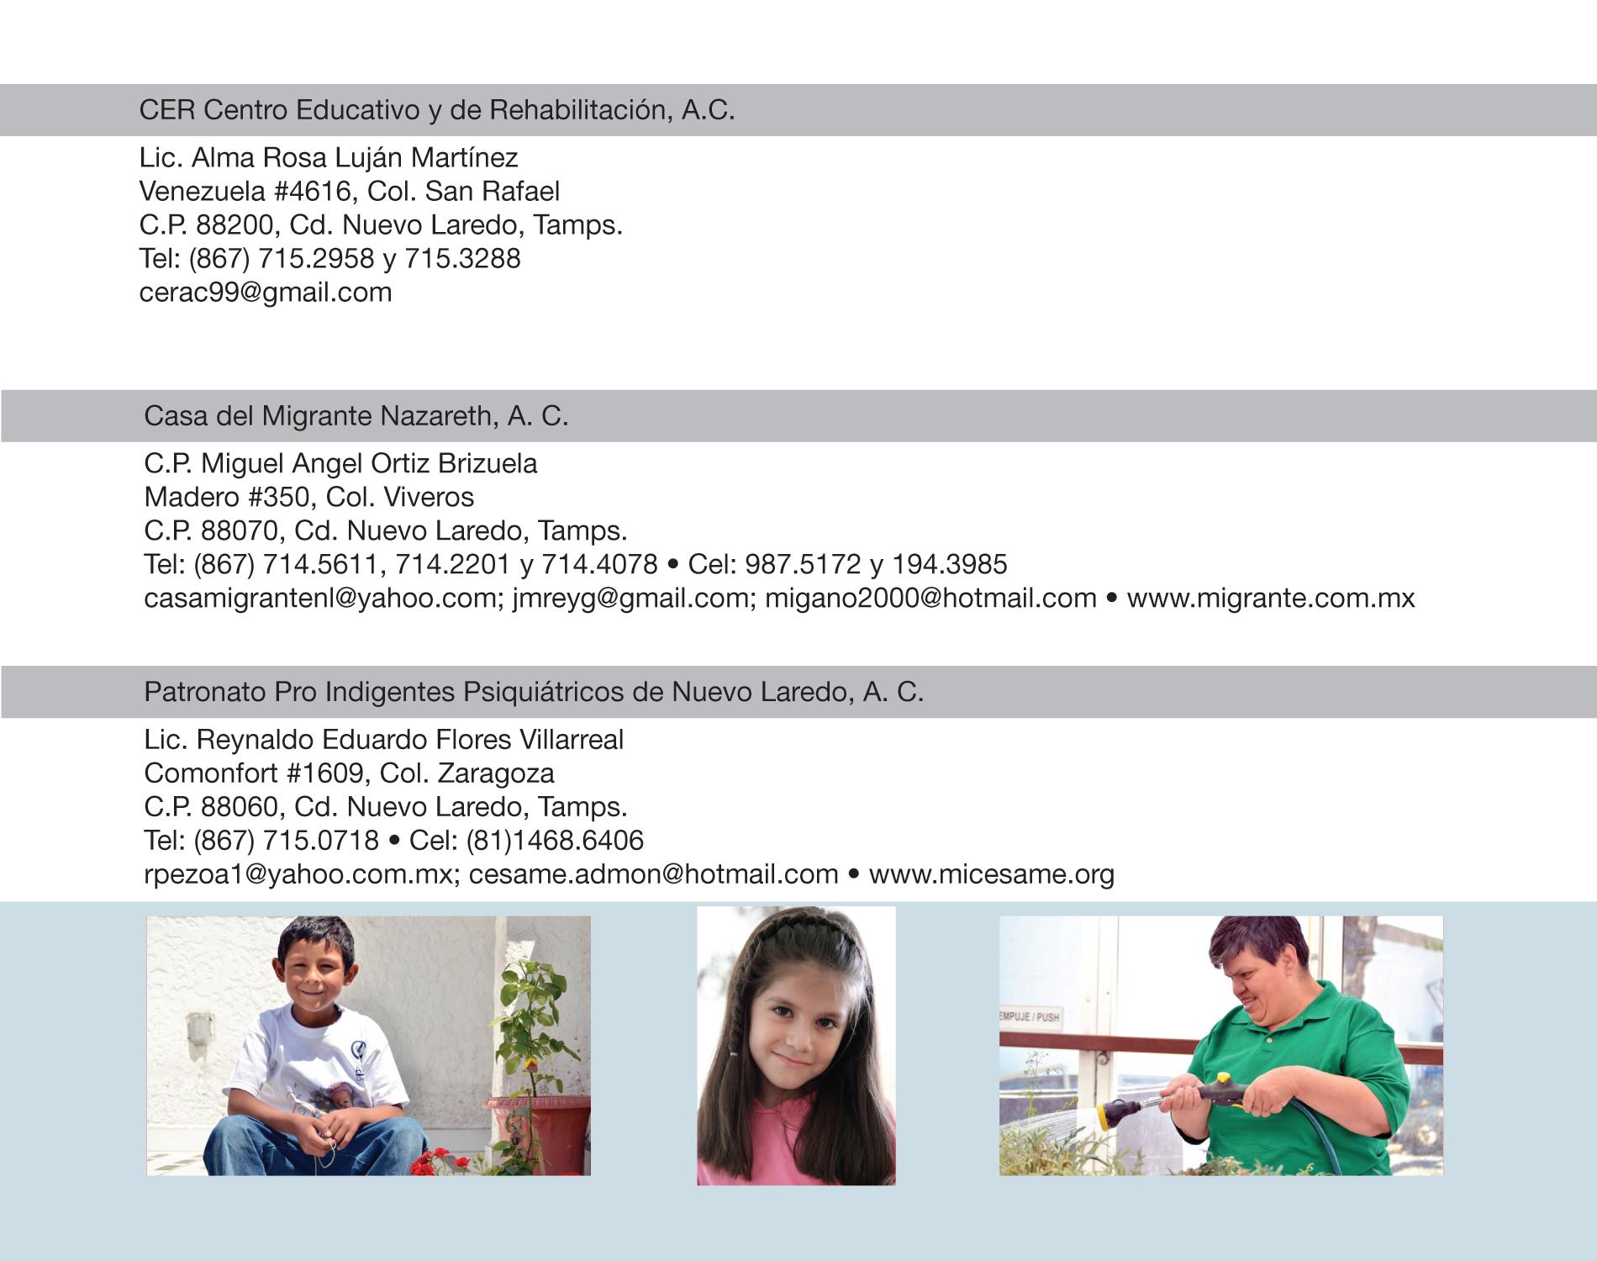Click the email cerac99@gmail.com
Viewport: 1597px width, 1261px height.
tap(266, 293)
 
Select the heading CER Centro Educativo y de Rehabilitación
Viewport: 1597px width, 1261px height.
tap(436, 110)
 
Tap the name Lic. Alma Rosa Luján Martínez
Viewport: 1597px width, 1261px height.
tap(329, 157)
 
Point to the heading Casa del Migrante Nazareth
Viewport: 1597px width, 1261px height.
tap(356, 416)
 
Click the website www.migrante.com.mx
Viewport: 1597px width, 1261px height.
tap(1270, 599)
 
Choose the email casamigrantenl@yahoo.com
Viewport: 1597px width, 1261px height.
tap(319, 599)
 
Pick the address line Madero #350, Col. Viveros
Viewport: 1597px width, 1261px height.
tap(308, 497)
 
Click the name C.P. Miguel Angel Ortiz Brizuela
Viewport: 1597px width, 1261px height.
tap(340, 463)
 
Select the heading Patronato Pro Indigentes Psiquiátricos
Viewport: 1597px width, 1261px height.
tap(533, 692)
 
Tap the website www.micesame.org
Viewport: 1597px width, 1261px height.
tap(991, 874)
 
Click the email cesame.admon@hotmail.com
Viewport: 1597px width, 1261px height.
tap(653, 874)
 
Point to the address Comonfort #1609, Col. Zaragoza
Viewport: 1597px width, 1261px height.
tap(349, 773)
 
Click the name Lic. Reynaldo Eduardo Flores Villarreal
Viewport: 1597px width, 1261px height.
tap(383, 740)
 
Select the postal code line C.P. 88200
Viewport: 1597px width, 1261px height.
tap(381, 225)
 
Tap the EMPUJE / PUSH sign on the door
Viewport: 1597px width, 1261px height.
tap(1030, 1017)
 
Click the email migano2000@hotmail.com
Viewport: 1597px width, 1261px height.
tap(930, 599)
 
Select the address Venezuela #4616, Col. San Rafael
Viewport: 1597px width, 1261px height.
tap(349, 192)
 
